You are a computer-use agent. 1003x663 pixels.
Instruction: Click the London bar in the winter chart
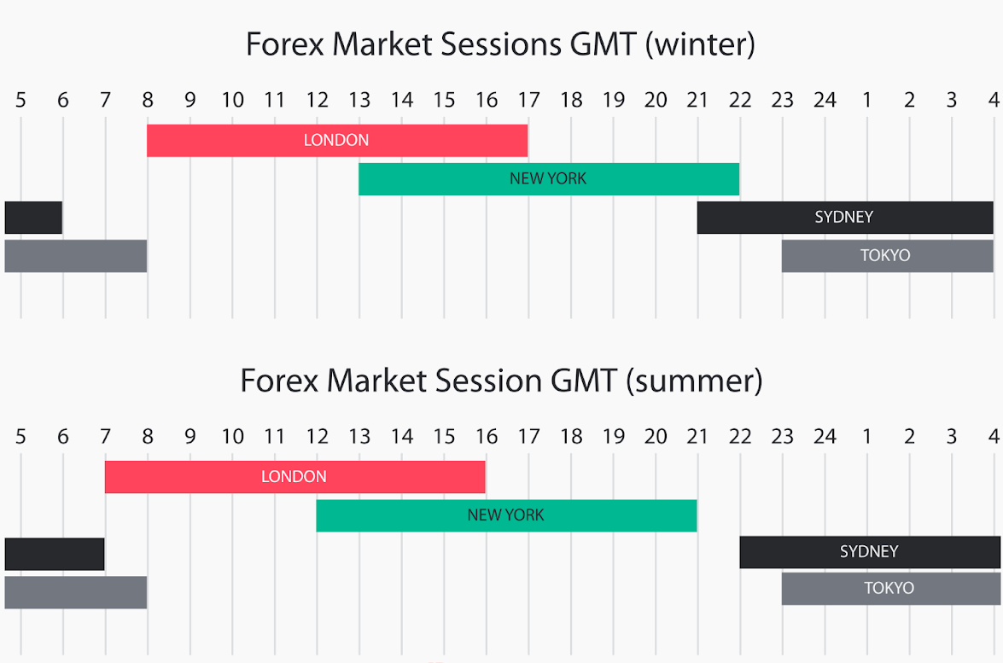(337, 140)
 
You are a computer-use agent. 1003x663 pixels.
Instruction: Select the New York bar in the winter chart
(549, 179)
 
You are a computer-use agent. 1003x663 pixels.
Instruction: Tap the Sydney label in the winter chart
(843, 218)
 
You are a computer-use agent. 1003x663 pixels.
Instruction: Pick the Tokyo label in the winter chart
(885, 256)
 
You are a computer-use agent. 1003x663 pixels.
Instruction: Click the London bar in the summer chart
(294, 477)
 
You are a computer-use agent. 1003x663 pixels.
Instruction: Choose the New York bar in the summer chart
(506, 515)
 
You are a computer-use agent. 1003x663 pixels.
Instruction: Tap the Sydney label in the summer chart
(869, 552)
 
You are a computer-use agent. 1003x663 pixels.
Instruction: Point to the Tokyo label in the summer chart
(889, 588)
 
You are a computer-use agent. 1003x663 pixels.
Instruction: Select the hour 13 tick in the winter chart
(359, 100)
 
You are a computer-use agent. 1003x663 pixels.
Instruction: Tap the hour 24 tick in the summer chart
(825, 436)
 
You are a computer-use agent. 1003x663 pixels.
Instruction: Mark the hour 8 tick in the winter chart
(148, 100)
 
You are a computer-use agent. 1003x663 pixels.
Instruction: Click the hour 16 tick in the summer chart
(487, 436)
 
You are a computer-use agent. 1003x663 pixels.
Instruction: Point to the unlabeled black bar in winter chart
(33, 218)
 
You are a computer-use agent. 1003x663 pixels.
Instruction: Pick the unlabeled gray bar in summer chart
(75, 593)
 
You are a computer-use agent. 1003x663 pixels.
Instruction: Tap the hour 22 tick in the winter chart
(740, 100)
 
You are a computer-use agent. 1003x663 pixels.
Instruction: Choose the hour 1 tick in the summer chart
(867, 436)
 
